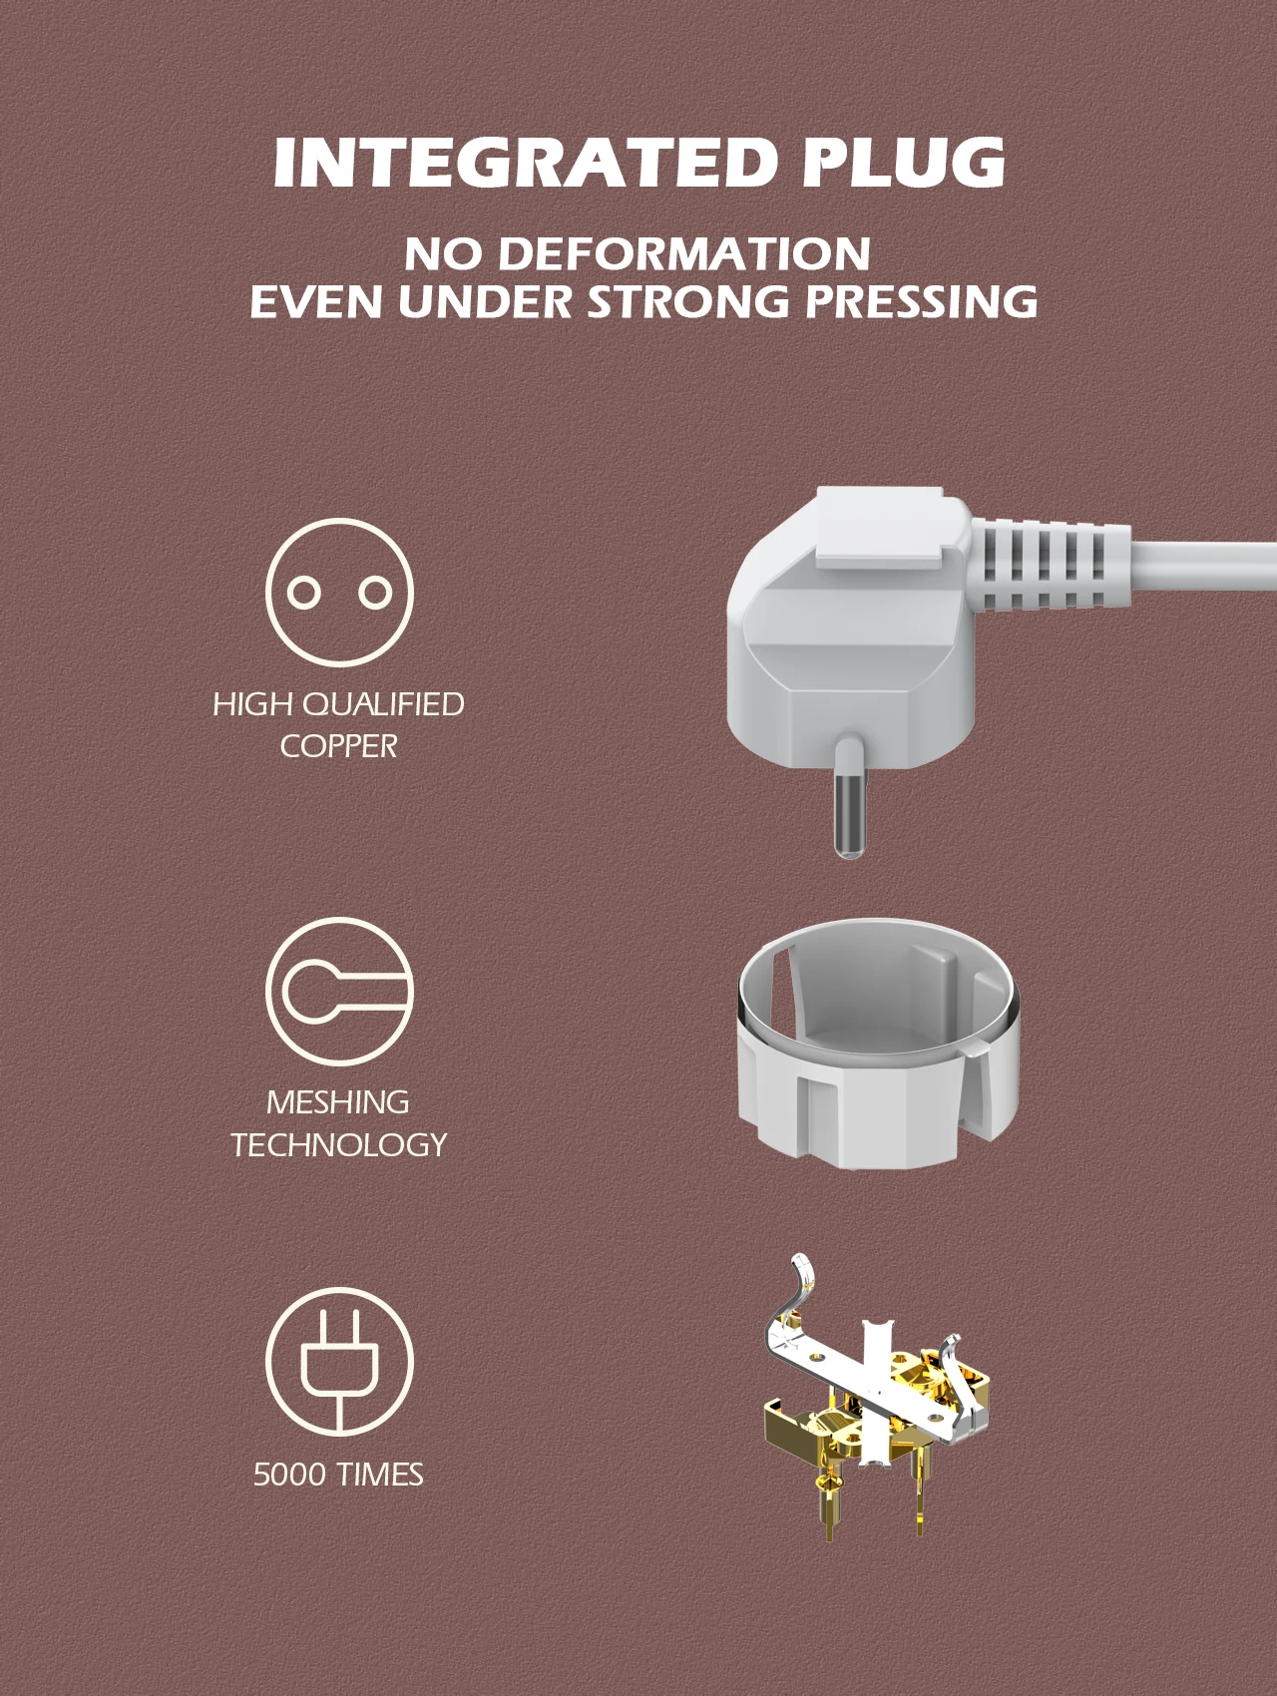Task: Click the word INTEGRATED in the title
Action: (523, 162)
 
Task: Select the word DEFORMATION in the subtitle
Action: (684, 253)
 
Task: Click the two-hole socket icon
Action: (339, 593)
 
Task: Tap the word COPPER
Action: (338, 746)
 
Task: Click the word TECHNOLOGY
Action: (338, 1144)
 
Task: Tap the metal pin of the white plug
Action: (848, 797)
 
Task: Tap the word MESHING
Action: (338, 1102)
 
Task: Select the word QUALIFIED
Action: (382, 704)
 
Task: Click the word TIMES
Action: (379, 1474)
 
